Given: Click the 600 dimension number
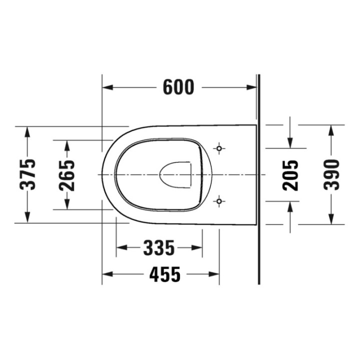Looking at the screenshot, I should (178, 87).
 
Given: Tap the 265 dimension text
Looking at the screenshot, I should (67, 174).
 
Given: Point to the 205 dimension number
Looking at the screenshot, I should (290, 174).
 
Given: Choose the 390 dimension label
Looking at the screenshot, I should (331, 174).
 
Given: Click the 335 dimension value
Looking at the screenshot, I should (159, 247).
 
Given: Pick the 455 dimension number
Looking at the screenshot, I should (165, 274).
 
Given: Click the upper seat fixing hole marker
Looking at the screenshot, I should (218, 148).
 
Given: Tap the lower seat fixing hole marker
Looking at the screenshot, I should (218, 201).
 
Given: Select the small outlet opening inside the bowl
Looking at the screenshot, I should (176, 174).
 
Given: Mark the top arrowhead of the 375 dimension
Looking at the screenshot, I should (28, 131).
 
